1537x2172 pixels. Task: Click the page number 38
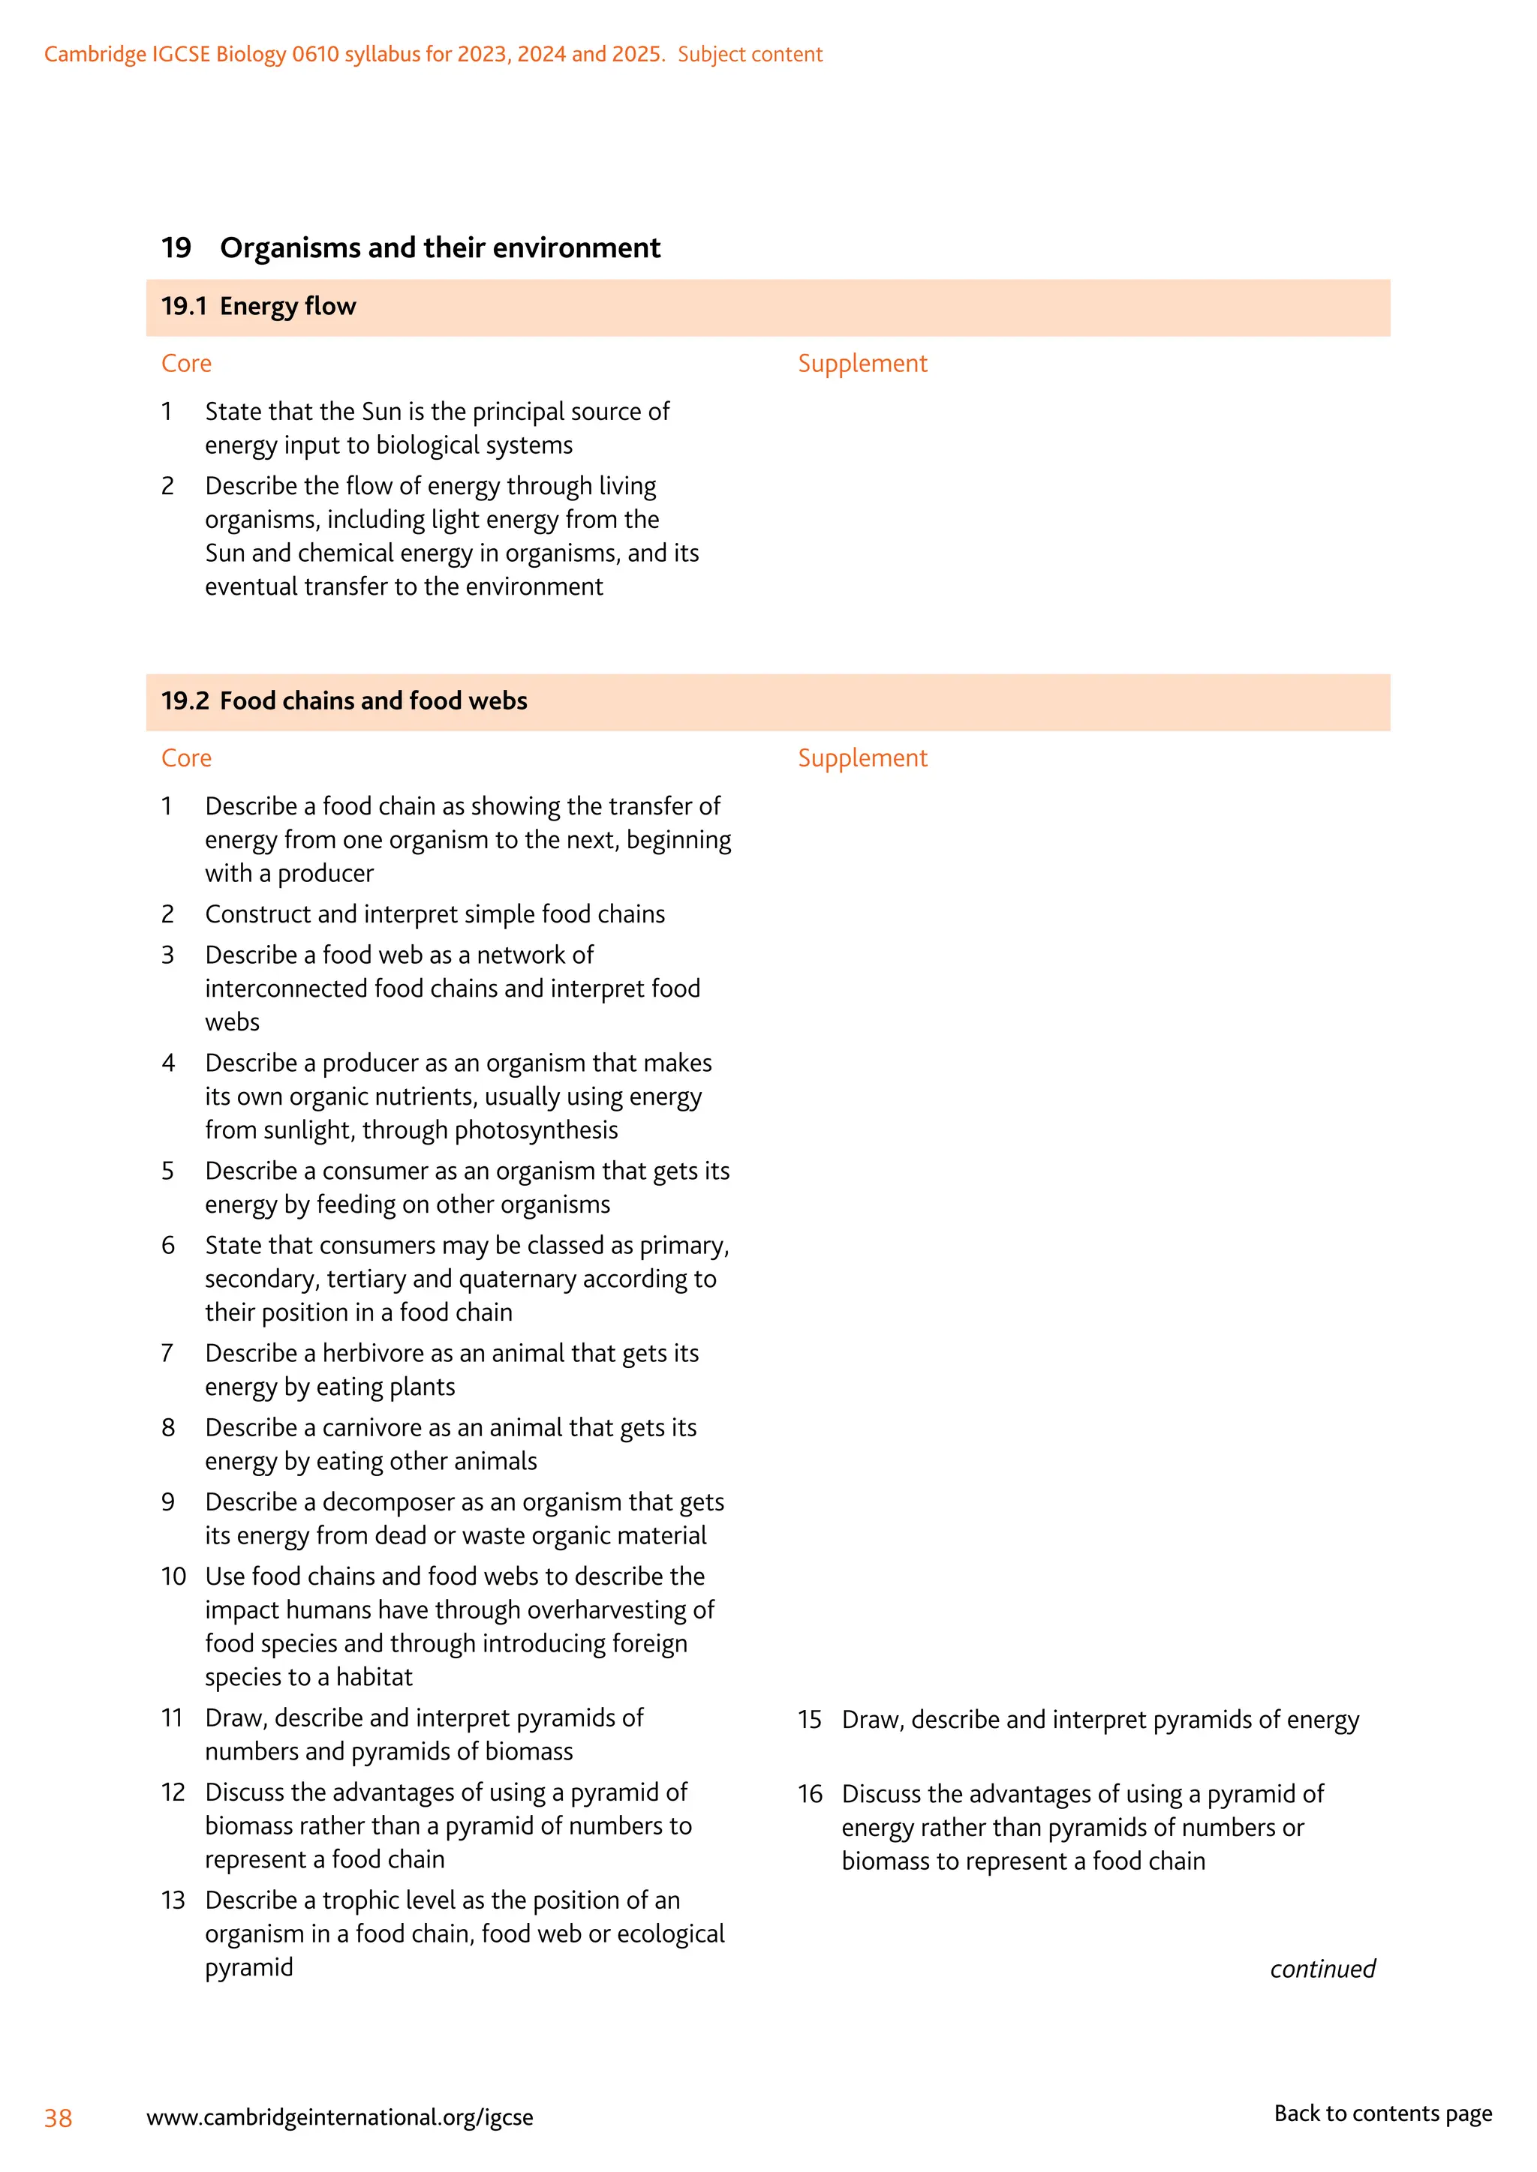58,2118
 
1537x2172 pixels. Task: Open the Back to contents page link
1382,2113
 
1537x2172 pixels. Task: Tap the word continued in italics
1322,1969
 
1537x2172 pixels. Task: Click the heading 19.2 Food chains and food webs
344,701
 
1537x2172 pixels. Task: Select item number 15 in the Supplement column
809,1720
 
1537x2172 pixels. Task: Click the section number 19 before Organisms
176,247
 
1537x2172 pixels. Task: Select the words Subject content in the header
750,55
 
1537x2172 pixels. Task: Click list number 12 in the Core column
173,1792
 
